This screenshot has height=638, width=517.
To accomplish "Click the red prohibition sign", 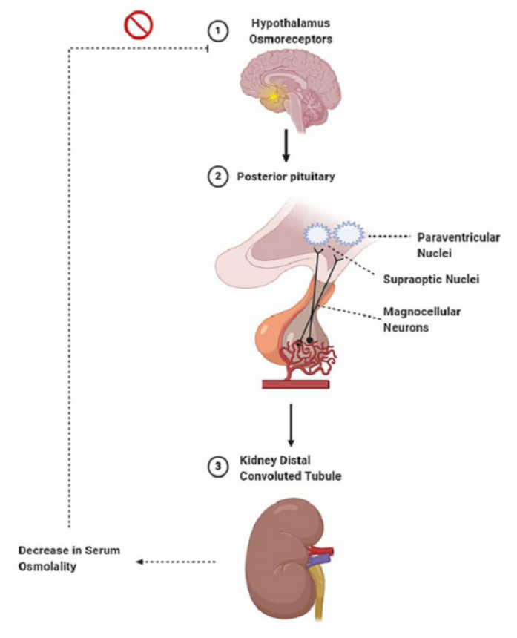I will (x=139, y=25).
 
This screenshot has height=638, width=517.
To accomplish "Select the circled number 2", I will (x=216, y=178).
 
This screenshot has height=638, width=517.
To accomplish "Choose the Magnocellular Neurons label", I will (x=421, y=318).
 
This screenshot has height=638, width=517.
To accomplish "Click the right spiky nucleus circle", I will (x=348, y=234).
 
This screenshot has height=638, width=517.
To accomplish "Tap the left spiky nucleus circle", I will (x=317, y=234).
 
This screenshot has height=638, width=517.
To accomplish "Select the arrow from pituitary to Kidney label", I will (x=292, y=424).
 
